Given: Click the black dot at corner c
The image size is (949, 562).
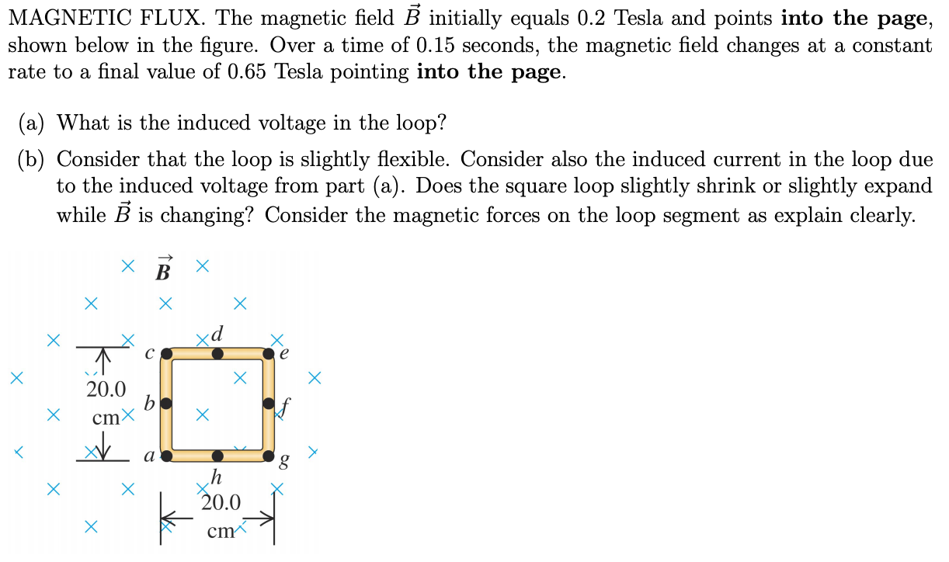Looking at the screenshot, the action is (x=166, y=354).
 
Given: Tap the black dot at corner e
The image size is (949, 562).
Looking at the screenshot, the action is (x=269, y=354).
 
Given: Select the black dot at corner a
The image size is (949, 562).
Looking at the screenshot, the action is (x=166, y=456).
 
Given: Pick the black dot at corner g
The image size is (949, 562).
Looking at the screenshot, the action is (x=269, y=456).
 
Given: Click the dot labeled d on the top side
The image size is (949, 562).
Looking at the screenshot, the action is (x=217, y=354).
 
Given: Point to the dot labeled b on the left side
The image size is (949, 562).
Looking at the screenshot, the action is (x=166, y=404).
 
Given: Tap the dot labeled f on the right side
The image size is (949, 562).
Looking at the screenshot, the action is (x=269, y=404).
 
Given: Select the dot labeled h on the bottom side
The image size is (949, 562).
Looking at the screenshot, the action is (x=217, y=456).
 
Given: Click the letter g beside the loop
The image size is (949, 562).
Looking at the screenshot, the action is (x=285, y=464).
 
